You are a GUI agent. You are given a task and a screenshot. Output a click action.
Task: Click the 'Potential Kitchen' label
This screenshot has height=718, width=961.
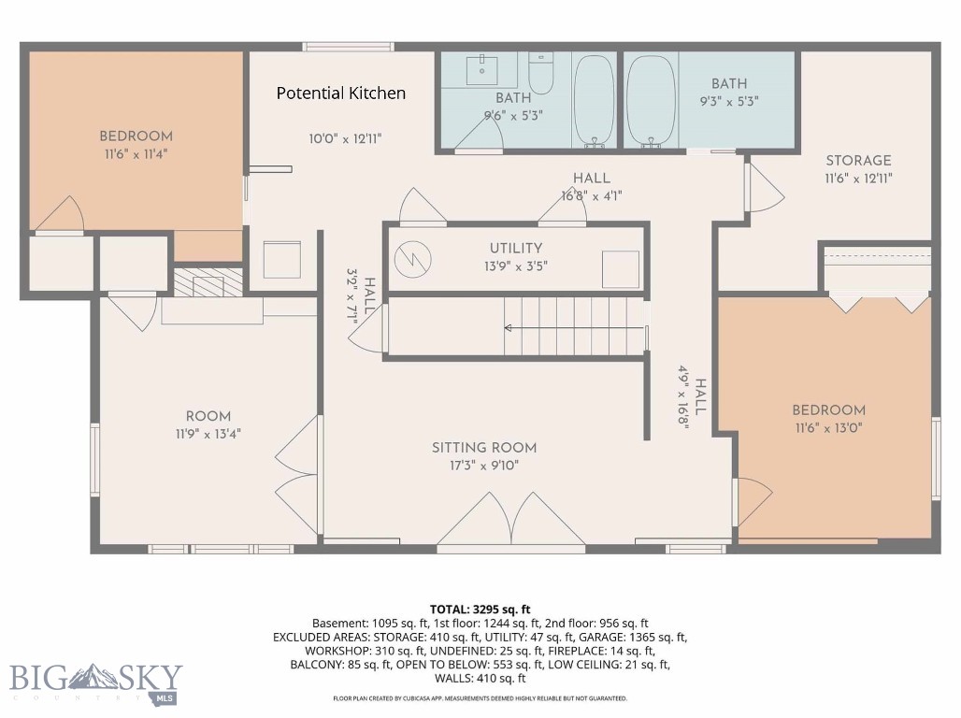click(341, 93)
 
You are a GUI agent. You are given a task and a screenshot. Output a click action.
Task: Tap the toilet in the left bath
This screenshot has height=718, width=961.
click(541, 73)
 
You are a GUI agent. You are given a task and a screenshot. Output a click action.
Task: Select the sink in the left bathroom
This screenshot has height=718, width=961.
click(481, 70)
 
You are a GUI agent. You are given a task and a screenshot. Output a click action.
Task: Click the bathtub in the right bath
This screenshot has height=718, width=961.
click(651, 102)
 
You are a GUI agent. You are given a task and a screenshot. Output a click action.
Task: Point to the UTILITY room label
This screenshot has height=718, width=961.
click(515, 249)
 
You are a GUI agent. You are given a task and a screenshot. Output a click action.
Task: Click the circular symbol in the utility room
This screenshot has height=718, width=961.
click(412, 259)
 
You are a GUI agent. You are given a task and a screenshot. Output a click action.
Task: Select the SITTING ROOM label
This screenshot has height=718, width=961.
click(484, 448)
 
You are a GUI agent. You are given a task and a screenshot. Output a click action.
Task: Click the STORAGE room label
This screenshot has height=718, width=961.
click(858, 161)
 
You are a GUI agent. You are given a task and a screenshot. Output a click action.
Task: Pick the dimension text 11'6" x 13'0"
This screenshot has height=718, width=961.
click(828, 428)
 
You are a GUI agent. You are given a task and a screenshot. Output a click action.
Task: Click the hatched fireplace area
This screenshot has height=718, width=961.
click(208, 282)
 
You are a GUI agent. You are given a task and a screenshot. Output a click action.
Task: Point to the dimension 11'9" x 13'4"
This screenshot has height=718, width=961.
click(208, 434)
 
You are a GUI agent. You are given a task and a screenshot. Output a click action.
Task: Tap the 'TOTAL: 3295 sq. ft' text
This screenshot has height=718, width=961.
click(480, 610)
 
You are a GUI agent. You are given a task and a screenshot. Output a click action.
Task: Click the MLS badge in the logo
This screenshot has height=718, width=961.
click(164, 698)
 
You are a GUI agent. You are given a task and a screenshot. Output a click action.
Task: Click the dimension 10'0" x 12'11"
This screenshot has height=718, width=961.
click(345, 139)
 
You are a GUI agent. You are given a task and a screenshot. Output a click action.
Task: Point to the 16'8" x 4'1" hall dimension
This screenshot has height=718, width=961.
click(592, 196)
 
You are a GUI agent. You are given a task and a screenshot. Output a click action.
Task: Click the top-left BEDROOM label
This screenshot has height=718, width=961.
click(136, 136)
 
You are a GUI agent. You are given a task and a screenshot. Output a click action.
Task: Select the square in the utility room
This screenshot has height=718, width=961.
click(620, 269)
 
